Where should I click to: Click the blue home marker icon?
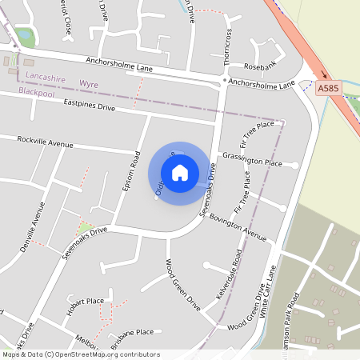(x=180, y=173)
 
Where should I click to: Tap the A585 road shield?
(x=326, y=89)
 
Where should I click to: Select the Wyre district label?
(x=88, y=82)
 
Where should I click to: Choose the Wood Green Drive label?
(x=182, y=286)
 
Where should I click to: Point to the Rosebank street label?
(x=259, y=66)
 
